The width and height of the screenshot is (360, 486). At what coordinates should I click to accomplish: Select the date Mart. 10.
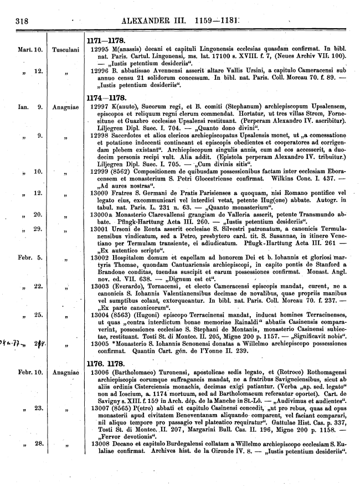(x=30, y=49)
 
